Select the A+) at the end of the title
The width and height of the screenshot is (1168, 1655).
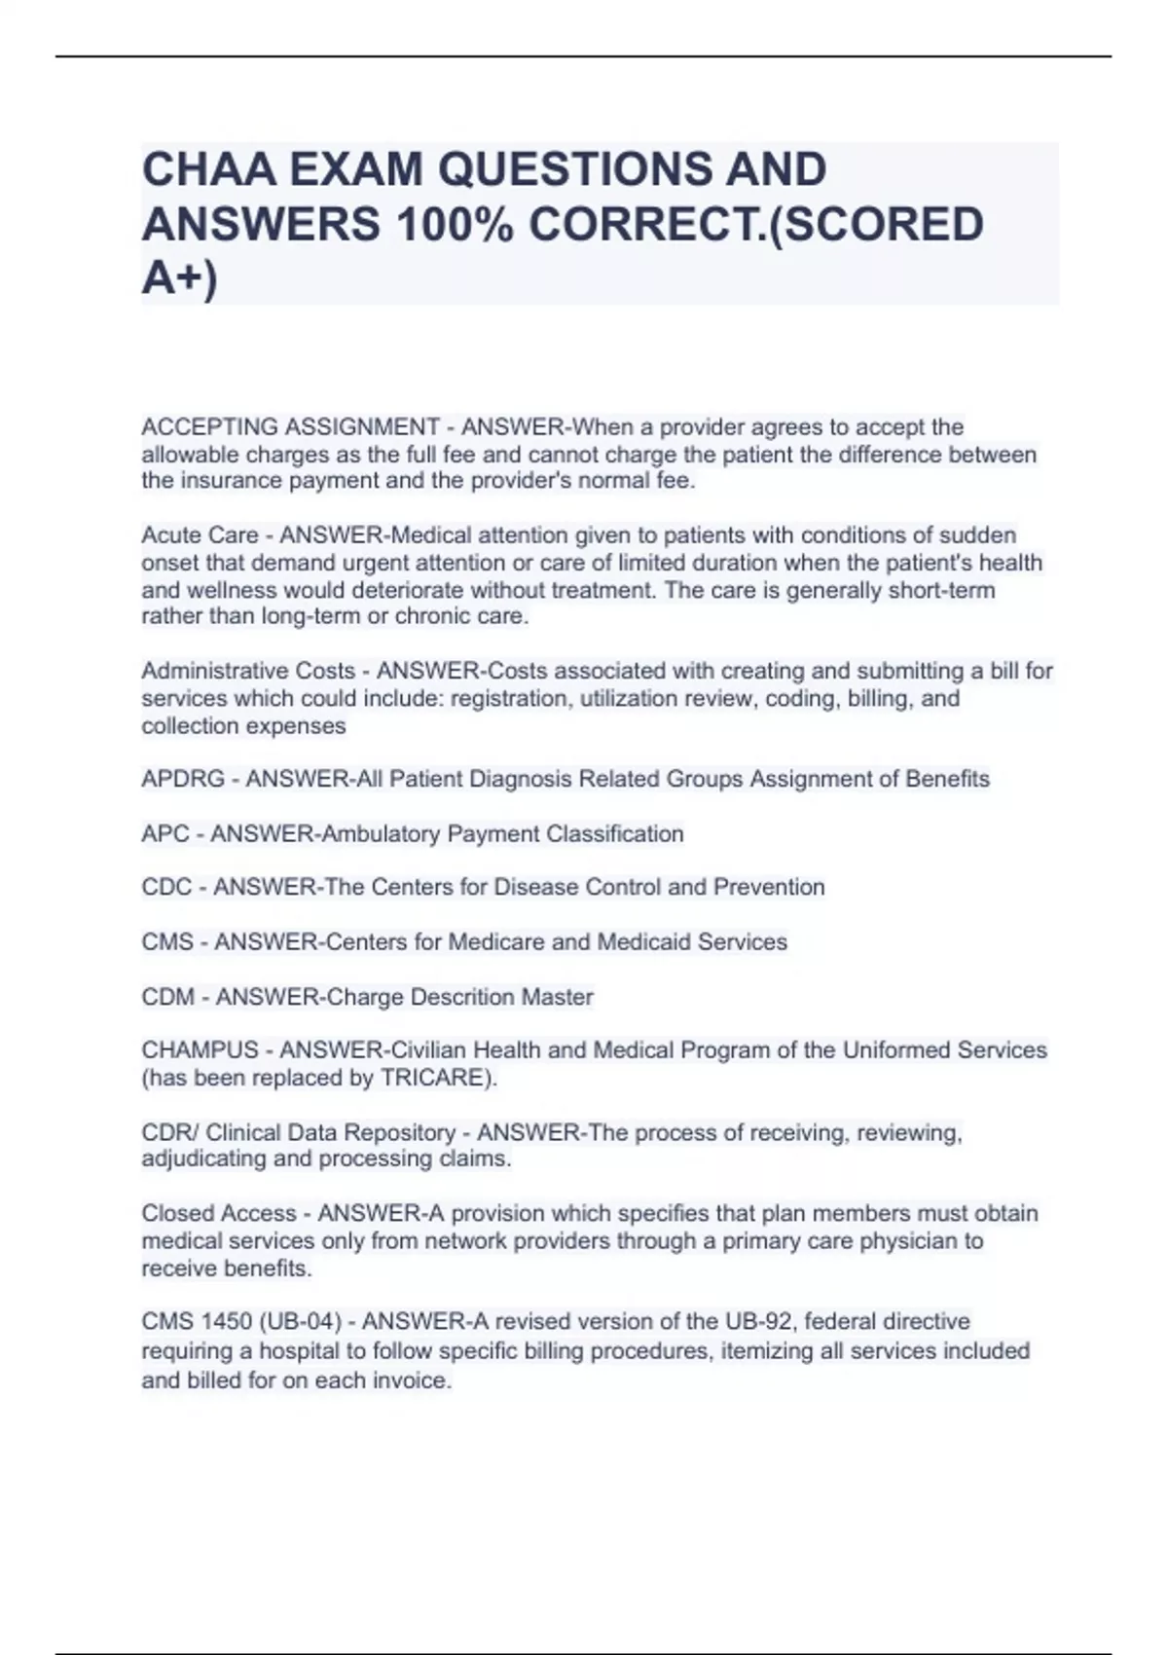(x=180, y=278)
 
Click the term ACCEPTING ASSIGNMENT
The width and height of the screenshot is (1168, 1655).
(x=290, y=427)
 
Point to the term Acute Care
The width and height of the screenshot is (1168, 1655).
(x=200, y=535)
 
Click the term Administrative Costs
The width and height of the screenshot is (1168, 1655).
(x=248, y=671)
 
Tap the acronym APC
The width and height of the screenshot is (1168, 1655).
(x=164, y=834)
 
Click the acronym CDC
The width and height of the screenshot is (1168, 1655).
(x=166, y=887)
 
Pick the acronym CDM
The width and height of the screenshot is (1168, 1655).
(x=167, y=997)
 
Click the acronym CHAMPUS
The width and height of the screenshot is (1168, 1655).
(x=200, y=1050)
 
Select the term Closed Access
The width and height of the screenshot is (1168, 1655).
(x=219, y=1213)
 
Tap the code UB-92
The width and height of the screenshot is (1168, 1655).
(x=758, y=1322)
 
